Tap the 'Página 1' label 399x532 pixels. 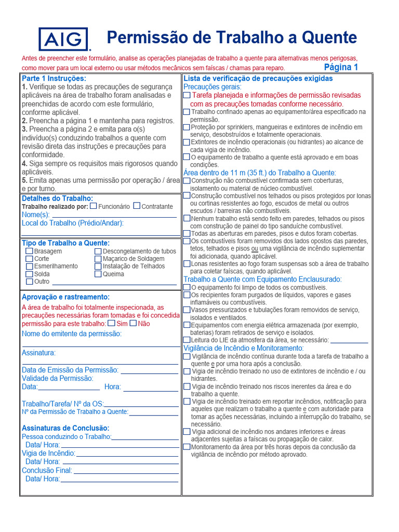pos(341,67)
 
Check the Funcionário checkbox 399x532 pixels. pos(94,206)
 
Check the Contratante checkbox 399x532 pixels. pos(137,206)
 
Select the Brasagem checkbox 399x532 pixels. pos(30,251)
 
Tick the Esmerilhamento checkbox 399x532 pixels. pos(30,266)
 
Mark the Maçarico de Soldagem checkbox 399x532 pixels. pos(98,259)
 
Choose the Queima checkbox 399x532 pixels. pos(98,274)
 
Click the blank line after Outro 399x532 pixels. pos(114,284)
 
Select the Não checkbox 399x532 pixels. pos(133,323)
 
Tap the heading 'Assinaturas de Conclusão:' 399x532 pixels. pos(65,428)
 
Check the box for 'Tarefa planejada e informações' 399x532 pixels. pos(187,96)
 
